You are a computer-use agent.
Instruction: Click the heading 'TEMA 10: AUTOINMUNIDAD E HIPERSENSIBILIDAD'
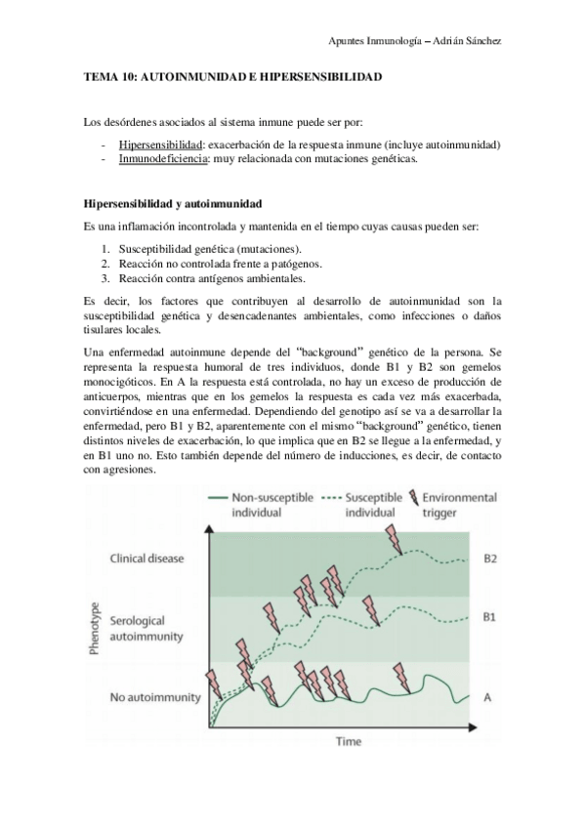(x=232, y=75)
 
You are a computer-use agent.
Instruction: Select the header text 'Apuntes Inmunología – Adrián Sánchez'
(x=417, y=40)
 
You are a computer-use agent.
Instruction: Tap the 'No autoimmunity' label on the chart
(x=155, y=697)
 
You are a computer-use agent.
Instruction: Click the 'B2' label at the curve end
(x=490, y=559)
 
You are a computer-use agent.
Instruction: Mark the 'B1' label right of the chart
(x=490, y=617)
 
